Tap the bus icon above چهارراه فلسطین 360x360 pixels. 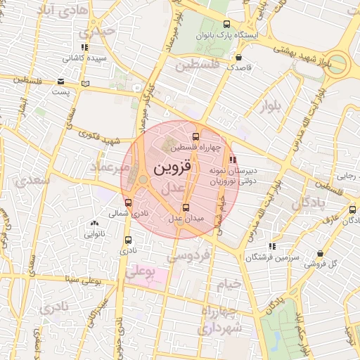pos(195,136)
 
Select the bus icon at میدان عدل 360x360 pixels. pos(186,207)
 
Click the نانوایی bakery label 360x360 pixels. pos(94,232)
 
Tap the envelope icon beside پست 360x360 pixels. pos(61,82)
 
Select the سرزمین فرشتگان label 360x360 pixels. pos(273,257)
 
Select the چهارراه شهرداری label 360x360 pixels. pos(220,320)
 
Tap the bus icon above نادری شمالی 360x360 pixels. pos(127,202)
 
